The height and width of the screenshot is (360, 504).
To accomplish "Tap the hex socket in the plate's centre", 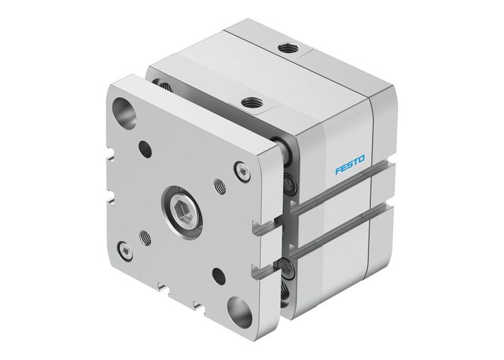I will tap(181, 214).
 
